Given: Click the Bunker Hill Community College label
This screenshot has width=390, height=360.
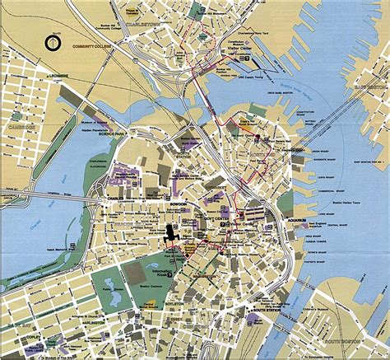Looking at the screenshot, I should tap(93, 56).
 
